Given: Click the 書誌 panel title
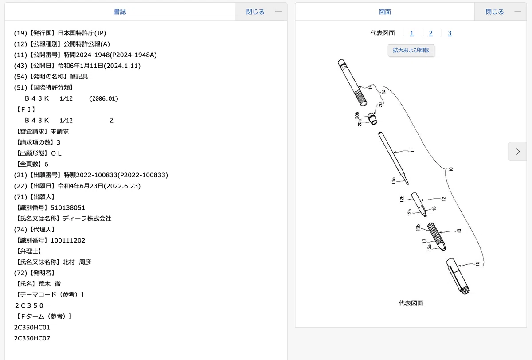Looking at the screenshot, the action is [x=120, y=12].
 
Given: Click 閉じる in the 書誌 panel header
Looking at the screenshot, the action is [x=255, y=12].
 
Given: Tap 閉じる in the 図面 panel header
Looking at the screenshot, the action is [x=495, y=12].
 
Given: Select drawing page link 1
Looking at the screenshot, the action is [x=412, y=33].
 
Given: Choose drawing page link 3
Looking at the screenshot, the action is [x=450, y=33].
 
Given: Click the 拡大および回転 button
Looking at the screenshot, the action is [x=411, y=51].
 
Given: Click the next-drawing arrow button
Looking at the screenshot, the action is [x=518, y=152].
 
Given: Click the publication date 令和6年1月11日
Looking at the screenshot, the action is [x=81, y=66].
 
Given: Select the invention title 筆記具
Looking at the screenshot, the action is [x=79, y=77].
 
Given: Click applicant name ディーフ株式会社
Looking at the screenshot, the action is [x=87, y=219].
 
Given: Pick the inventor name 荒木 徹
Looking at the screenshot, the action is [x=50, y=284].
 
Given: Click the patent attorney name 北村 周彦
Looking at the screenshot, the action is [x=77, y=262].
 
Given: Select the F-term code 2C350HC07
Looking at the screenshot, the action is [x=32, y=338].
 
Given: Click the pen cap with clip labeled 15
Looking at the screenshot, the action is [x=458, y=276].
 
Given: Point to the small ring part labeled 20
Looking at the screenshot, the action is [x=372, y=118].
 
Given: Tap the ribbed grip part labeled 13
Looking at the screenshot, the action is [x=437, y=236].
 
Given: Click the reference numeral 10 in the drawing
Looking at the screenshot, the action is [x=451, y=169].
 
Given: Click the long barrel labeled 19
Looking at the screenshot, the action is [x=352, y=82].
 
